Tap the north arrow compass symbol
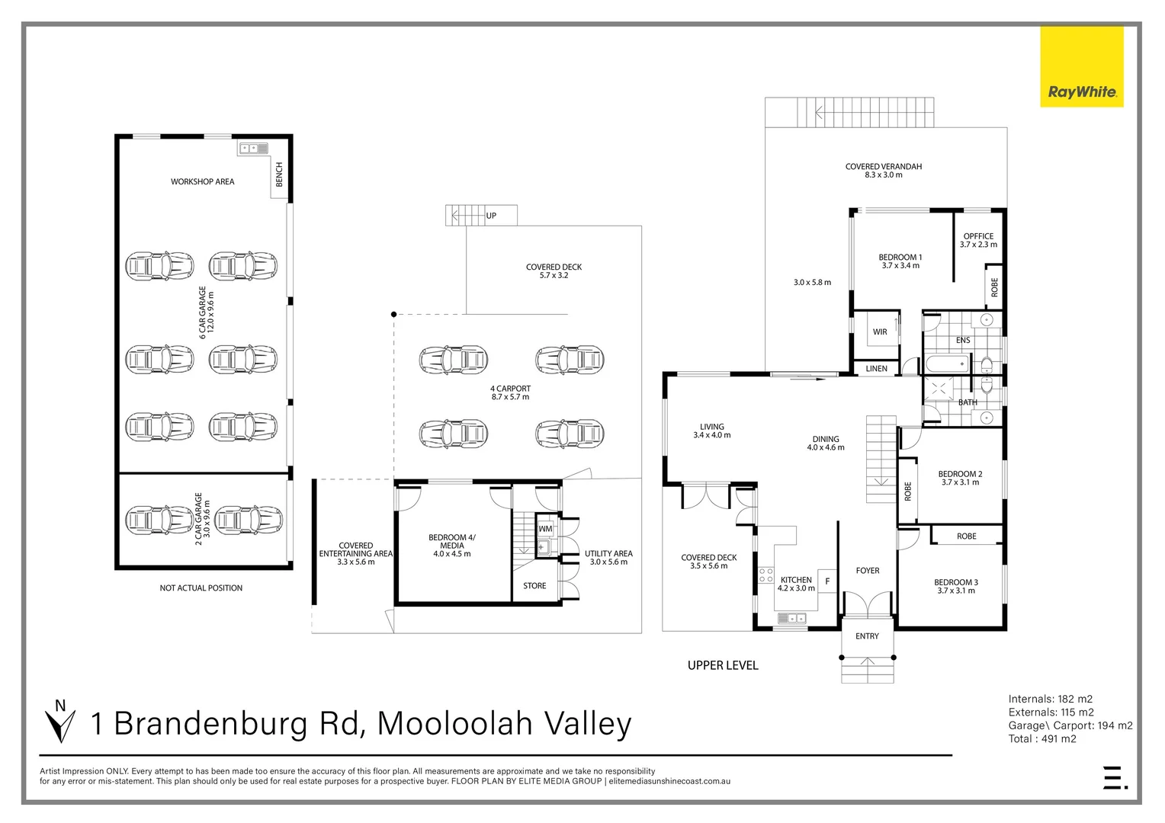[59, 721]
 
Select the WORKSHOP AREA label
[202, 181]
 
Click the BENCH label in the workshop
[279, 174]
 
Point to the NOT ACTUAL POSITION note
[201, 588]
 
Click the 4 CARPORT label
[510, 392]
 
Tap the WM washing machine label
[545, 529]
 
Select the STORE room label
[534, 586]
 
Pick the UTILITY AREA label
[608, 558]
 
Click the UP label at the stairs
[491, 216]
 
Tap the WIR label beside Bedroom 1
[880, 332]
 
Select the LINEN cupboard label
[876, 369]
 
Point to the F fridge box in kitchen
[827, 581]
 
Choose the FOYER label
[868, 571]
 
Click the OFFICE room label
[978, 240]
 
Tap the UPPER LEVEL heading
[723, 665]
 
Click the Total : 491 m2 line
[1042, 738]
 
